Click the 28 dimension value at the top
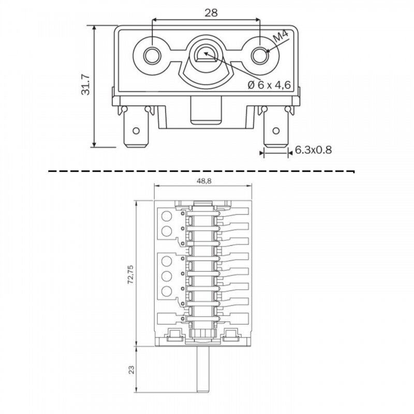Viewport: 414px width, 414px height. [x=211, y=13]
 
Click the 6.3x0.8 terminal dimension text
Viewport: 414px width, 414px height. [x=313, y=151]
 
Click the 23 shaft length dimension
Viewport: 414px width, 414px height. [x=131, y=369]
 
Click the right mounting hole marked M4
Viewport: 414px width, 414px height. [x=258, y=54]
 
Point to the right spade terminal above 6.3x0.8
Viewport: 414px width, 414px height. [x=275, y=130]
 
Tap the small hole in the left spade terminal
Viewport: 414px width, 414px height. [x=137, y=130]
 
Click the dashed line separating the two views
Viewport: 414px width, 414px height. [x=202, y=169]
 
